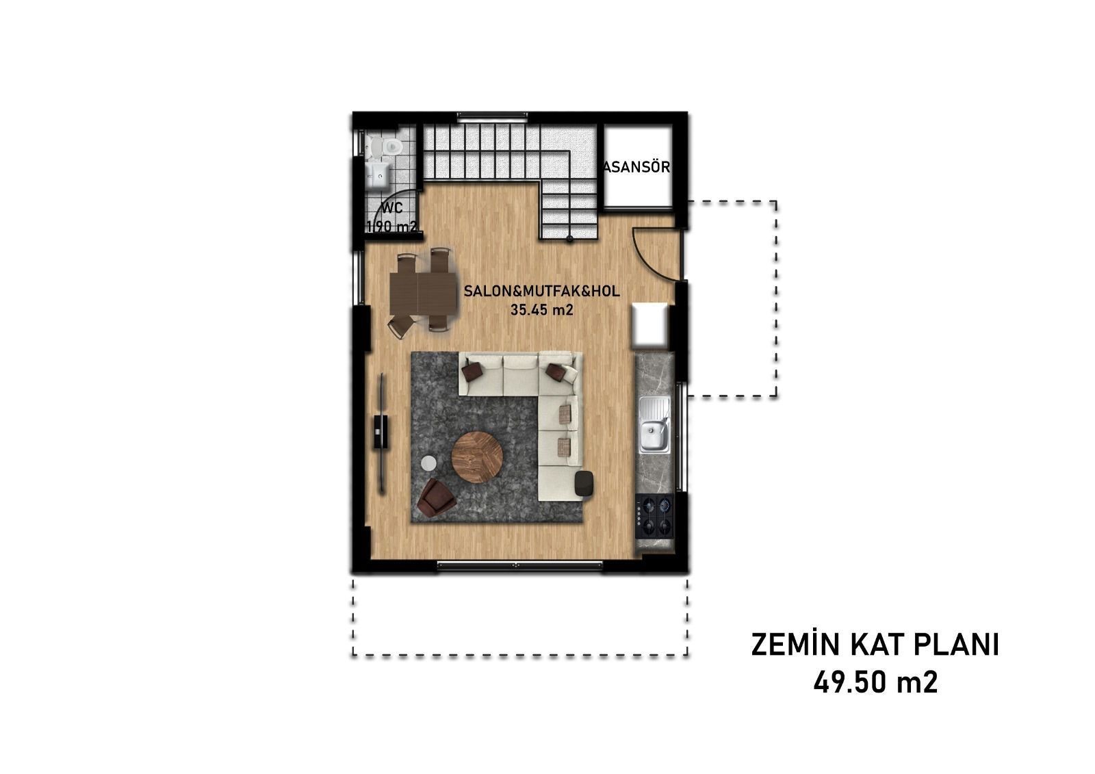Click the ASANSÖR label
pos(637,167)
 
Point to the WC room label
pos(392,208)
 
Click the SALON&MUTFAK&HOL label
pos(541,292)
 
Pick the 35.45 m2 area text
pos(541,309)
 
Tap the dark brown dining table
pos(424,294)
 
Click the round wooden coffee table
pos(476,457)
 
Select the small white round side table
pos(429,463)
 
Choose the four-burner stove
pos(655,516)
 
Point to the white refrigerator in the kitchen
pos(649,325)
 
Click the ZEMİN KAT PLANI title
pos(875,645)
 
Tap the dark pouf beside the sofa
pos(584,484)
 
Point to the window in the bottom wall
pos(519,565)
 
